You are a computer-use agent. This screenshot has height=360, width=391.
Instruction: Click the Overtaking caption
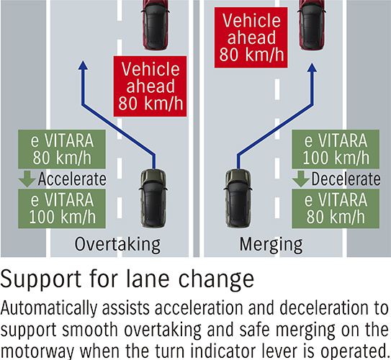pyautogui.click(x=117, y=245)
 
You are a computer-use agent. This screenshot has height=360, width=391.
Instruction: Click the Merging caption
pyautogui.click(x=270, y=245)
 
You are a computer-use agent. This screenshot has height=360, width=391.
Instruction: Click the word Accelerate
pyautogui.click(x=72, y=178)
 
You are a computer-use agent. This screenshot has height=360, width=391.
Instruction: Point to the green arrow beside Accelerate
pyautogui.click(x=27, y=178)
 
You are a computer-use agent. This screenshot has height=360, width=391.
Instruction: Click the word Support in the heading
pyautogui.click(x=44, y=279)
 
